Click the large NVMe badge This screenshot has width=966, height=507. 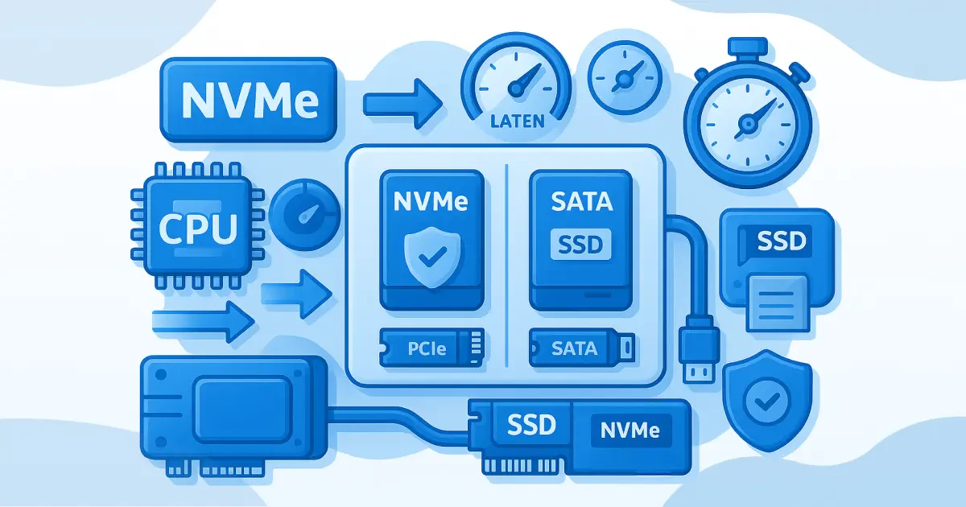[x=249, y=100]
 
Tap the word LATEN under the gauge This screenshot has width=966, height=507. [x=516, y=122]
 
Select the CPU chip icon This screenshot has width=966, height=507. [x=198, y=225]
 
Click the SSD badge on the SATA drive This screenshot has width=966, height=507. [x=580, y=243]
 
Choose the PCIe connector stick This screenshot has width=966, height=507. [x=431, y=348]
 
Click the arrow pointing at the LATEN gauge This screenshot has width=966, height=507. [x=402, y=103]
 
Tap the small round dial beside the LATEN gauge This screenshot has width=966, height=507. [x=625, y=78]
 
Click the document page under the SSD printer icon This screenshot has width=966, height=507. [x=778, y=302]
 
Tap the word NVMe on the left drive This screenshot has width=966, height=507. [x=431, y=201]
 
